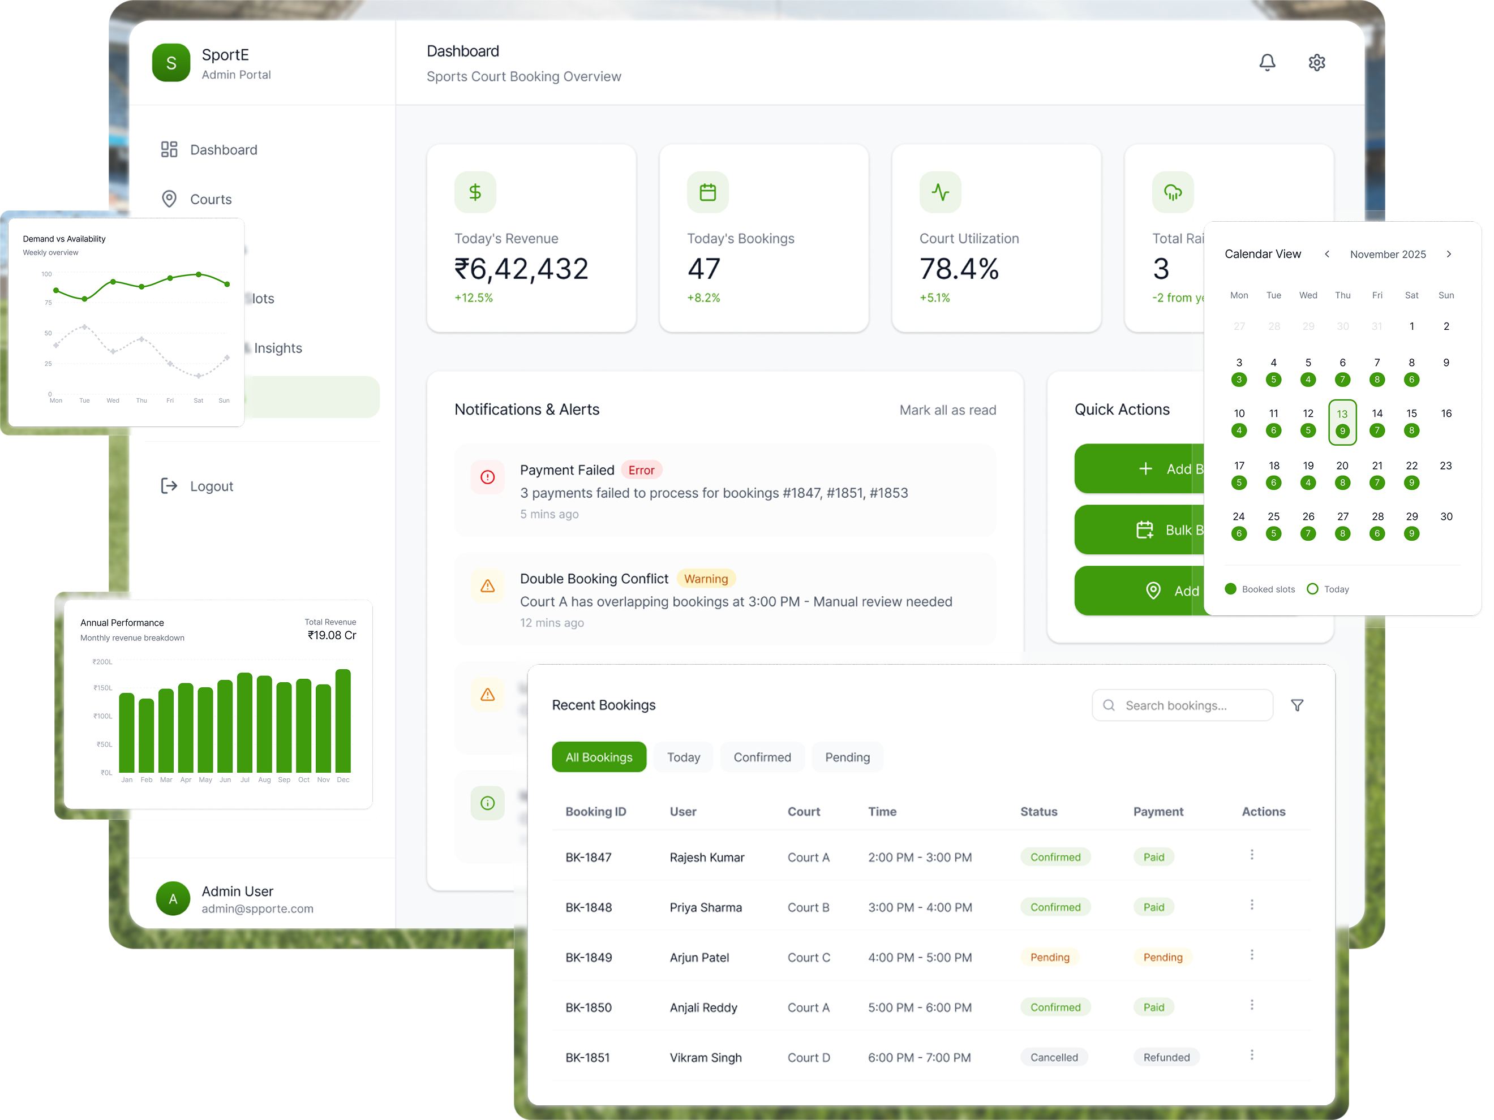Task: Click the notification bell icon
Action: (x=1267, y=63)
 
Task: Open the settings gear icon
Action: (x=1316, y=63)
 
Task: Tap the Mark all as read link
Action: (x=947, y=410)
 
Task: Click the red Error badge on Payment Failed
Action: (x=641, y=470)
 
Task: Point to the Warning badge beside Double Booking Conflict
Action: (x=705, y=579)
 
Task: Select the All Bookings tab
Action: (x=598, y=757)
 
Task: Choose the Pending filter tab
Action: (x=847, y=757)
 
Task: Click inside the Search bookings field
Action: (x=1182, y=705)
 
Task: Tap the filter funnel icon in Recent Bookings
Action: (x=1297, y=705)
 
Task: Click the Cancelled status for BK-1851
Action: (x=1054, y=1057)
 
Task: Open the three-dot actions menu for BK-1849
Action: (x=1252, y=955)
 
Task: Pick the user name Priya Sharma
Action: (x=705, y=907)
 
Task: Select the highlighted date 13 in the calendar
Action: (x=1342, y=422)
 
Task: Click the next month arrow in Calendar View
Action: (x=1448, y=255)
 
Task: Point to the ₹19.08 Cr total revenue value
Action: (x=332, y=635)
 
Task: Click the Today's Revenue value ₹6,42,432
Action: (x=521, y=269)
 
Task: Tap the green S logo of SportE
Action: (x=171, y=63)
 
